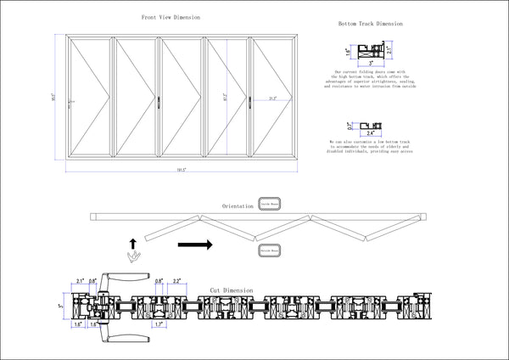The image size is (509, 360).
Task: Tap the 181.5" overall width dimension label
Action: click(181, 171)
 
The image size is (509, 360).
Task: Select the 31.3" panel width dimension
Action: click(271, 99)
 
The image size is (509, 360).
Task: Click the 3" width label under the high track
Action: click(371, 63)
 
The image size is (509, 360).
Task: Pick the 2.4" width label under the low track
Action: click(369, 134)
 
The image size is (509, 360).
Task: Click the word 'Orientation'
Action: click(238, 206)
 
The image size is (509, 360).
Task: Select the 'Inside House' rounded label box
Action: click(269, 205)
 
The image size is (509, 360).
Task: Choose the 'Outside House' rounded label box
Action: click(270, 251)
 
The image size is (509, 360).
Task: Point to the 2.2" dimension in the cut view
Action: click(176, 281)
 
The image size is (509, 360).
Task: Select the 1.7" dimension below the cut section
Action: click(159, 323)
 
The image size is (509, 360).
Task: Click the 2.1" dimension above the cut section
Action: click(80, 280)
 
